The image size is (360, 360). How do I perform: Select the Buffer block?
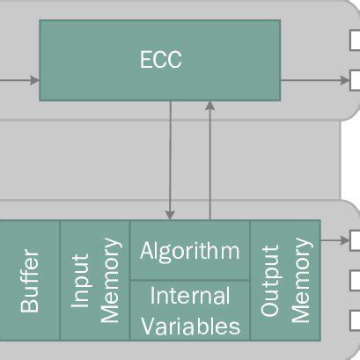click(x=30, y=280)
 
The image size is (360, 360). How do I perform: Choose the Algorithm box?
click(x=189, y=251)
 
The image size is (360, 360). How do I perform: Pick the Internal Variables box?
click(x=189, y=310)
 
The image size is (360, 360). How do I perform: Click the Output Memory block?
click(x=285, y=280)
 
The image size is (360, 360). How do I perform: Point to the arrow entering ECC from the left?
click(x=19, y=81)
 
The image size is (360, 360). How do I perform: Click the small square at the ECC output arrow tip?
click(x=355, y=81)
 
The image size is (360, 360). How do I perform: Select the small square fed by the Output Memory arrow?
click(x=355, y=239)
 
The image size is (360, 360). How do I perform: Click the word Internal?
click(x=189, y=296)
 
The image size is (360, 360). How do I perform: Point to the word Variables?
click(x=189, y=326)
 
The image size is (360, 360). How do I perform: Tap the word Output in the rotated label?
click(x=271, y=280)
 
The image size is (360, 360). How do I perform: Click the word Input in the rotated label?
click(x=80, y=280)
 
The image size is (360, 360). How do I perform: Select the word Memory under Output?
click(x=300, y=280)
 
